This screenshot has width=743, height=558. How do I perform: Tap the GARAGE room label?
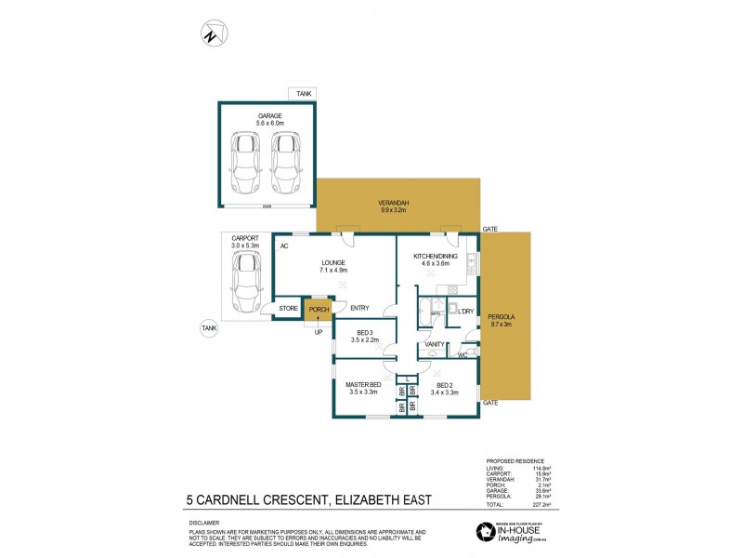tap(269, 116)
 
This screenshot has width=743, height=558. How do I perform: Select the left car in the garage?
tap(245, 161)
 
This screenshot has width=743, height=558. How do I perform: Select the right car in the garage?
tap(287, 161)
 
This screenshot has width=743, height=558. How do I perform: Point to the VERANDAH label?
tap(394, 204)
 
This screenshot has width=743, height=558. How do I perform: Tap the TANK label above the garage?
tap(304, 94)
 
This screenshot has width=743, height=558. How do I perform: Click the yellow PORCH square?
tap(319, 310)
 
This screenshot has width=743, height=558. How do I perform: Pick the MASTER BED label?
tap(364, 385)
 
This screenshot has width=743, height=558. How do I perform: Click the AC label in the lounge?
tap(284, 246)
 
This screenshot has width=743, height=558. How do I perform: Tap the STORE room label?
tap(289, 309)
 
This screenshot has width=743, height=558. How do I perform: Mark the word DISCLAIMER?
tap(207, 524)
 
